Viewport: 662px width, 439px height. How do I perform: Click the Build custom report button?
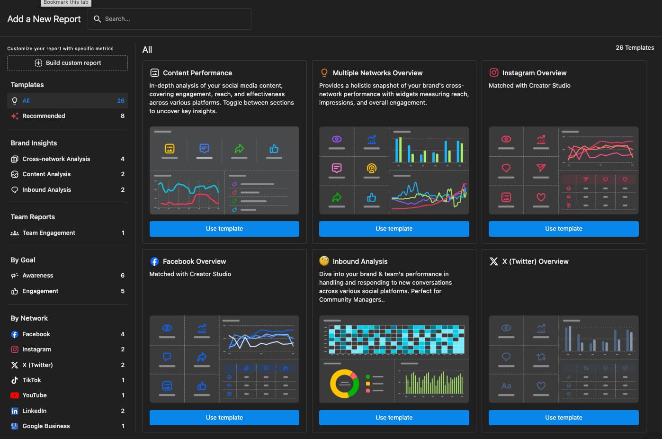click(68, 63)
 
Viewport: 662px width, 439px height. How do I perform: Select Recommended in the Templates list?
click(44, 116)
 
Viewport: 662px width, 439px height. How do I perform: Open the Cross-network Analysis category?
click(56, 159)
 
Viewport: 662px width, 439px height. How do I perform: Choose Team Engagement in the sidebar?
click(49, 233)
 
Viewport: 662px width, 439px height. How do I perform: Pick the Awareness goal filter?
click(38, 276)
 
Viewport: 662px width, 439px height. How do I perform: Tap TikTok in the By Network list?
click(32, 380)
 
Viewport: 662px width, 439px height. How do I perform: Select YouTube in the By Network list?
click(35, 395)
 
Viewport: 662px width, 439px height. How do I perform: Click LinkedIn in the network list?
click(35, 411)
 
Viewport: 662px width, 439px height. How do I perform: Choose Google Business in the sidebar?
click(46, 426)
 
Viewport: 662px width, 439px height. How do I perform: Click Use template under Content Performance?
click(224, 229)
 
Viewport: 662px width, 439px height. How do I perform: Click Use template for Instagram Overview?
click(564, 229)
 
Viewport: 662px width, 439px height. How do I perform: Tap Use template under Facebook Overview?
click(224, 418)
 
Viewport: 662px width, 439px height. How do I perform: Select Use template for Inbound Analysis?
click(394, 418)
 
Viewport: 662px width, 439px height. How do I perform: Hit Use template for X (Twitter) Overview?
click(564, 418)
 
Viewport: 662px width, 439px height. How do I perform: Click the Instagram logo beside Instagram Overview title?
click(494, 72)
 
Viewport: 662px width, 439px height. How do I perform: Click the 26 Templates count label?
click(635, 48)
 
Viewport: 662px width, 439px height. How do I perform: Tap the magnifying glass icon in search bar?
click(97, 19)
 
